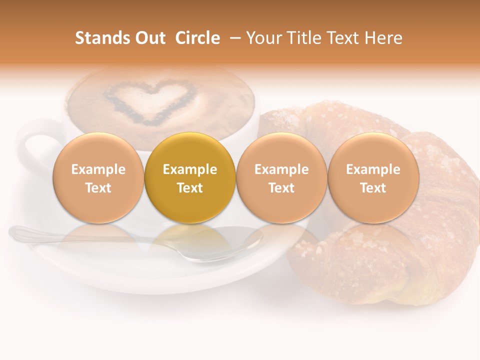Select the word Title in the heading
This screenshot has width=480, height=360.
point(304,38)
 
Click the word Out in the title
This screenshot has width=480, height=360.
point(151,38)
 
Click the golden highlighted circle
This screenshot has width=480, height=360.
point(190,178)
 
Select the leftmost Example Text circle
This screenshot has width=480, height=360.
point(98,178)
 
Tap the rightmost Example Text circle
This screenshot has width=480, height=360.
point(373,178)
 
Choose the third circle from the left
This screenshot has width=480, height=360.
point(281,178)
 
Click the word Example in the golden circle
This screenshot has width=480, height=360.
point(190,169)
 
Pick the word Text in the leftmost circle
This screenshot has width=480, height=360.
point(98,188)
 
